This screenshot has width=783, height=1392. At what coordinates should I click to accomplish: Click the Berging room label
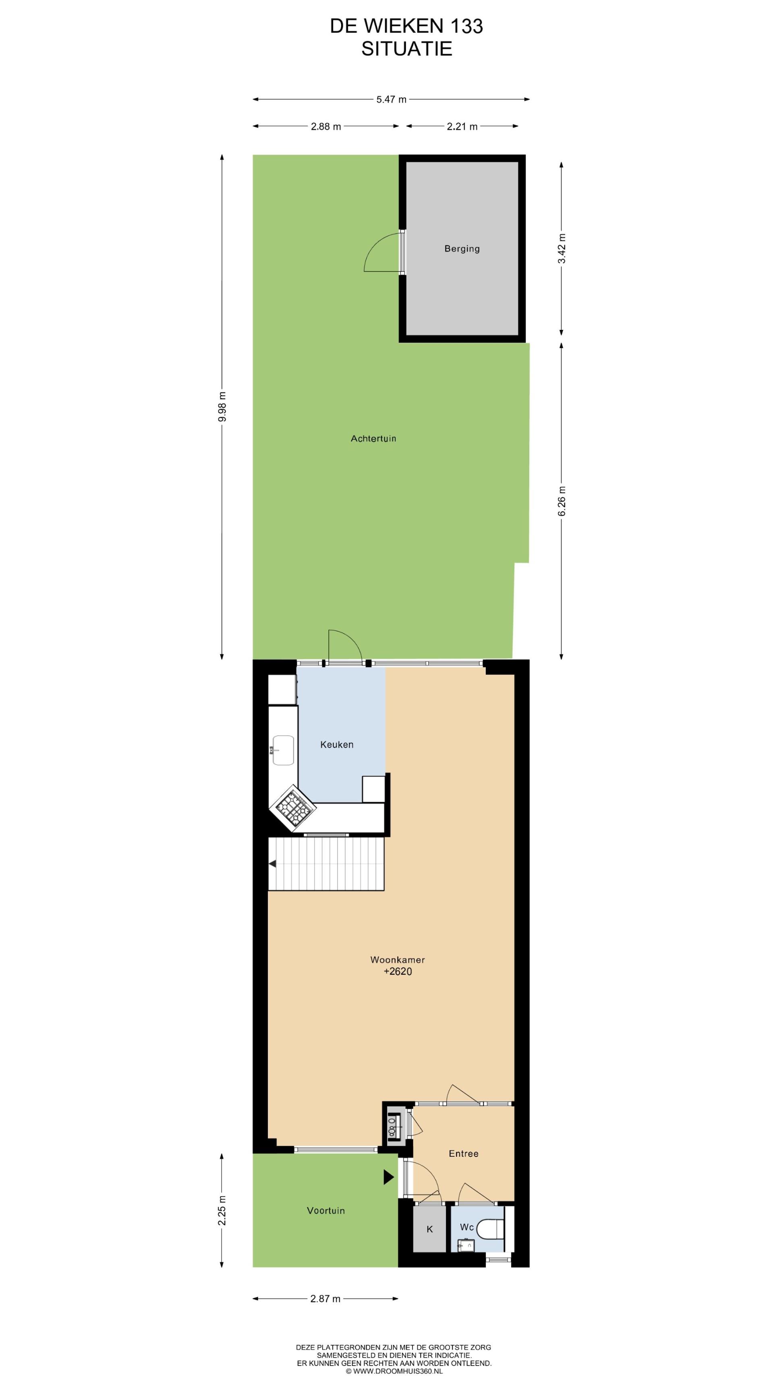(x=462, y=249)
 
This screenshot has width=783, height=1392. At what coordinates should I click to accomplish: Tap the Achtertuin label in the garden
(x=373, y=438)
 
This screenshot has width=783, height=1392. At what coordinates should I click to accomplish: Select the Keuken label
(x=337, y=745)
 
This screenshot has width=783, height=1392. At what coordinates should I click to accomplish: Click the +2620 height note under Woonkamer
(x=398, y=971)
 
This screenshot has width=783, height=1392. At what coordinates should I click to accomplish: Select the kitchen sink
(x=283, y=750)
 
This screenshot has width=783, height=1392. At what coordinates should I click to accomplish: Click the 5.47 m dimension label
(x=391, y=99)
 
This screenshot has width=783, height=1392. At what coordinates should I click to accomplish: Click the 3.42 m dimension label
(x=562, y=249)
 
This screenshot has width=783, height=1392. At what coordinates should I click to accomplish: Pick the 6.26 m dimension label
(x=562, y=501)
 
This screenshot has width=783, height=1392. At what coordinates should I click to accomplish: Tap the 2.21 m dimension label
(x=462, y=126)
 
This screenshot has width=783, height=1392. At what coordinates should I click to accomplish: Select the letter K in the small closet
(x=430, y=1229)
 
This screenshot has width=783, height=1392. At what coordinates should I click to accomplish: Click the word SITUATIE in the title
(x=406, y=49)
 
